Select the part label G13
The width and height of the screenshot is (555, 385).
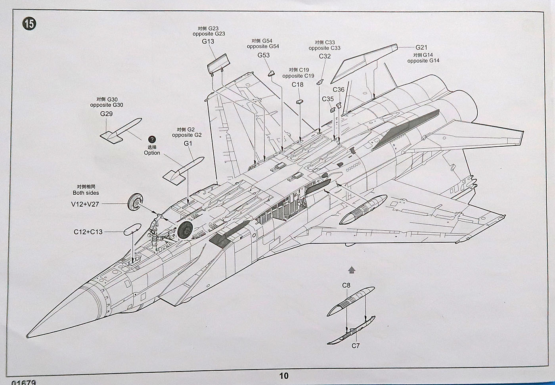coord(208,42)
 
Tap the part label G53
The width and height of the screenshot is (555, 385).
coord(263,55)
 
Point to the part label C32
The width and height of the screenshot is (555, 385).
coord(325,56)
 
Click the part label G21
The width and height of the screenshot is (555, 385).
coord(421,48)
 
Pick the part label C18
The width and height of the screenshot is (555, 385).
coord(297,84)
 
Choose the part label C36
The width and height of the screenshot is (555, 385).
coord(339,90)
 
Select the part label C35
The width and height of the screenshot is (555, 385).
coord(328,99)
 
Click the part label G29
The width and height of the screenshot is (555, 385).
coord(106,114)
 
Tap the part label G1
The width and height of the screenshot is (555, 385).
coord(188,144)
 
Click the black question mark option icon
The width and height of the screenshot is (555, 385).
coord(152,140)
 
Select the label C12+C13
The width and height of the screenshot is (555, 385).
coord(88,232)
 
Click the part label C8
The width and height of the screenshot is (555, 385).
coord(346,285)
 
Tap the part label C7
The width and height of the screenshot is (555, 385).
coord(356,346)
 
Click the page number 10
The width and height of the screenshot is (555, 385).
coord(284,376)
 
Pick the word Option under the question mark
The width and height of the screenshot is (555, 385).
coord(152,153)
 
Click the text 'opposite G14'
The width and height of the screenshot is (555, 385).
coord(423,61)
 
